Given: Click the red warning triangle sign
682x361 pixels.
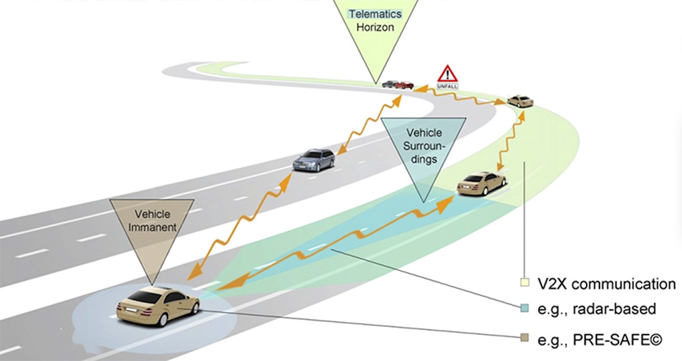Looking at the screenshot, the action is tap(447, 74).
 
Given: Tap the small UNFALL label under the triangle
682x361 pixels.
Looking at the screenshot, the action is tap(447, 87).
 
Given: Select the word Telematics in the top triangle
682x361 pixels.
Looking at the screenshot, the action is tap(375, 14).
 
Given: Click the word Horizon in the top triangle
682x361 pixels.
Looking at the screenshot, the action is tap(375, 27).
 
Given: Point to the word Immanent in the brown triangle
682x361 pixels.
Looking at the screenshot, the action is tap(152, 227).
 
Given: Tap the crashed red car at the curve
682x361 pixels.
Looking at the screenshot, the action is tap(404, 85).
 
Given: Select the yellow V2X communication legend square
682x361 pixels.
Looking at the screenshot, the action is tap(525, 282).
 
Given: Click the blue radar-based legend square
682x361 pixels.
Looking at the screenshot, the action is tap(525, 308).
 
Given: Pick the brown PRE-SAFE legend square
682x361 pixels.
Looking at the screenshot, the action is tap(525, 338).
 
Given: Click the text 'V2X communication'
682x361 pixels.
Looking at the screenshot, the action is tap(606, 284).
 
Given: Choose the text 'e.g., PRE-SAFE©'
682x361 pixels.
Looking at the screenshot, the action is tap(600, 339).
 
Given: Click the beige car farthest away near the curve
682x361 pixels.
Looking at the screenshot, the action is tap(520, 101).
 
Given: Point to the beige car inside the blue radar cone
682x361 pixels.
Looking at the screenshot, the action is tap(482, 183).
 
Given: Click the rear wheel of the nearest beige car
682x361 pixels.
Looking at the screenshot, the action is tap(163, 319).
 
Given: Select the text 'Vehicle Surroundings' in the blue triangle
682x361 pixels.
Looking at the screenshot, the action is tap(424, 146).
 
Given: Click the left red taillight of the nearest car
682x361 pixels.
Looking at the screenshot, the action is tap(119, 306).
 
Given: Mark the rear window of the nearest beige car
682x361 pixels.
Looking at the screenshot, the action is tap(143, 297).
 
